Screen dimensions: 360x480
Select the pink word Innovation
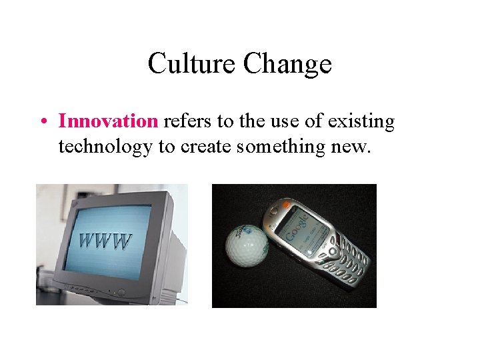click(x=107, y=121)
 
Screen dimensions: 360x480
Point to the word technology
click(x=105, y=146)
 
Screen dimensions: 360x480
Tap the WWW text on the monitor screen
click(x=105, y=241)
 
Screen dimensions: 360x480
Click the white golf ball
click(x=247, y=244)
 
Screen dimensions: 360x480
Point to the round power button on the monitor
click(x=121, y=292)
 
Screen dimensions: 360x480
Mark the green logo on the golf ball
click(x=257, y=235)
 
